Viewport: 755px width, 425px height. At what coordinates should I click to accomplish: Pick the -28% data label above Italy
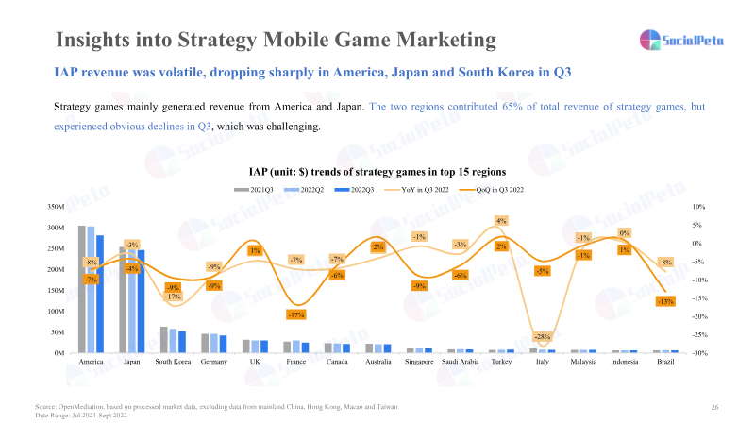pyautogui.click(x=542, y=337)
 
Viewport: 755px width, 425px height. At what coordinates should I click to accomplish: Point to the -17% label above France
pyautogui.click(x=295, y=314)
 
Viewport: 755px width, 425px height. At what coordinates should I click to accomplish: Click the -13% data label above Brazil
pyautogui.click(x=664, y=301)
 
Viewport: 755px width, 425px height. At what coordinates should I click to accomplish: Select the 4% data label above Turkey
pyautogui.click(x=501, y=220)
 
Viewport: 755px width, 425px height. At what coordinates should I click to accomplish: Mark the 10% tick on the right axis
pyautogui.click(x=698, y=206)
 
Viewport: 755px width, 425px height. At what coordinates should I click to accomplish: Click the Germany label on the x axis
pyautogui.click(x=214, y=362)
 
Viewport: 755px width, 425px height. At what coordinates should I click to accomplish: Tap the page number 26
pyautogui.click(x=714, y=406)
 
